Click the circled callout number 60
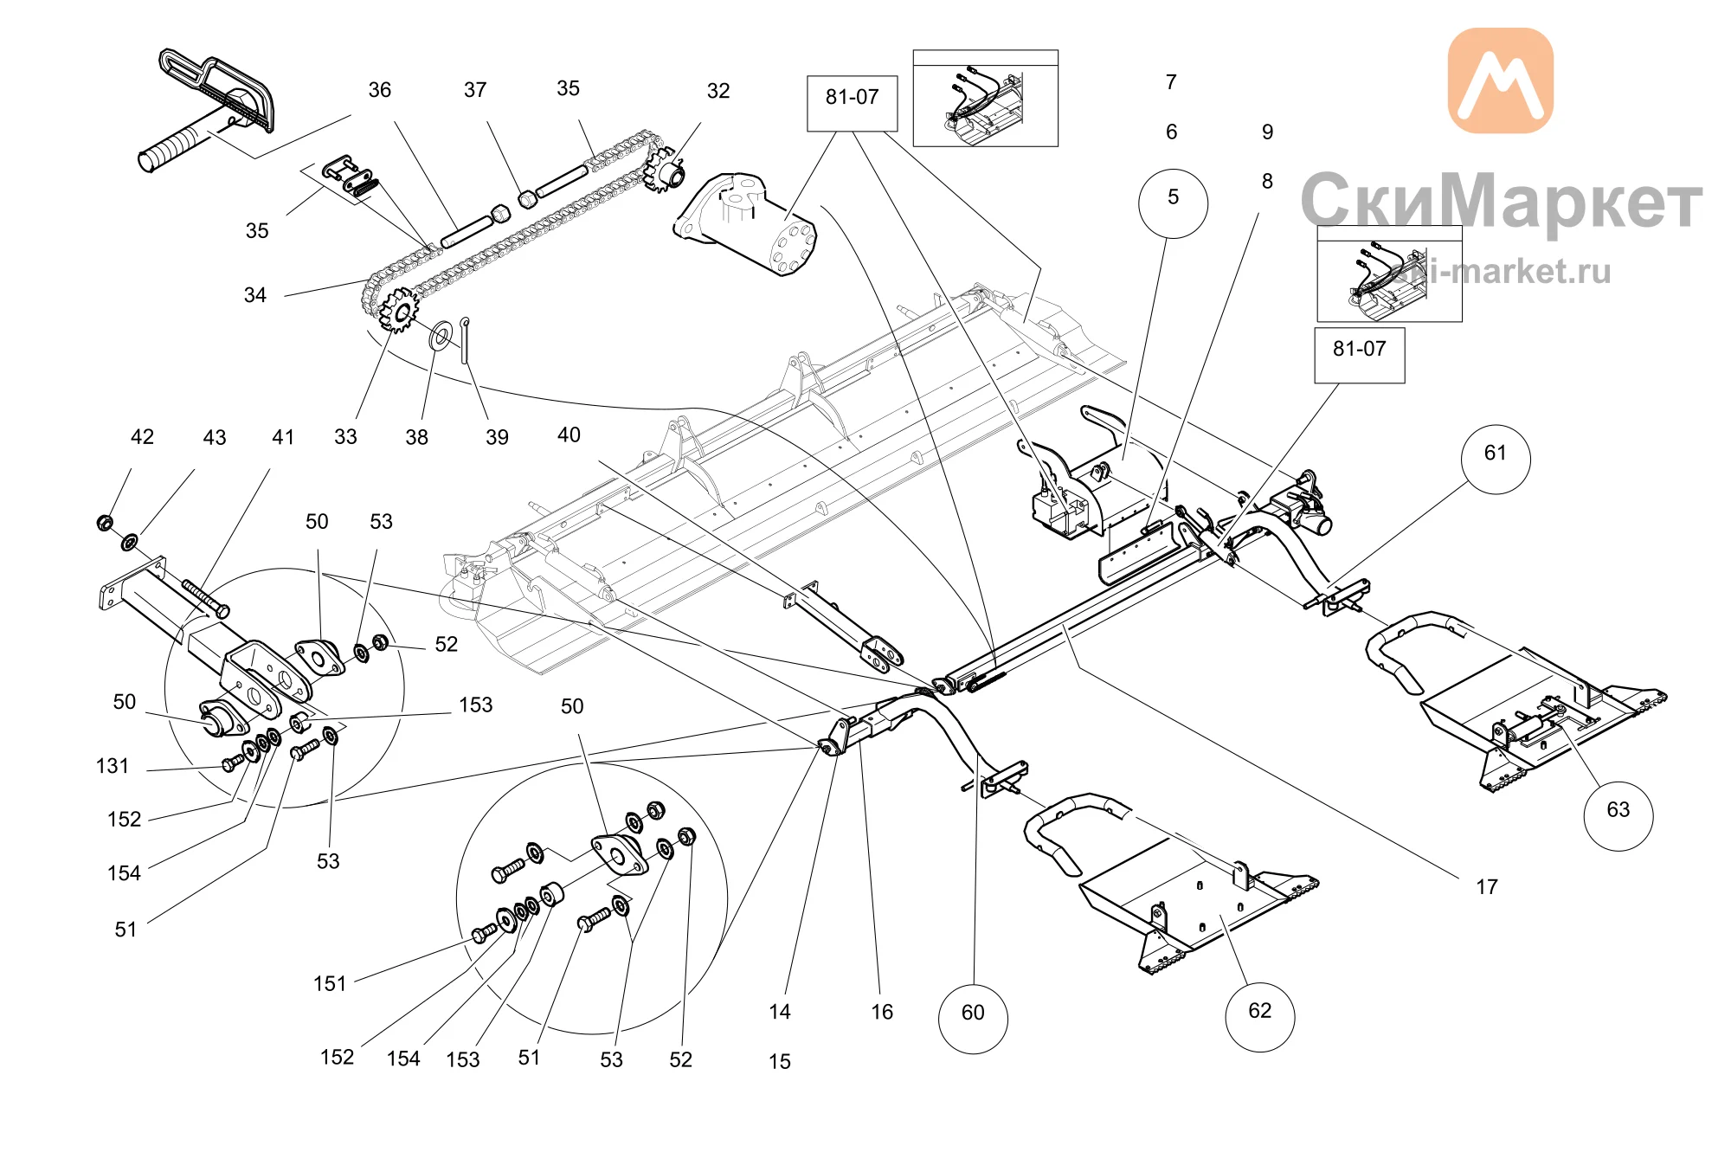click(973, 1018)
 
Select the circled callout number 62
click(1260, 1016)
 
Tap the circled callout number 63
click(1618, 815)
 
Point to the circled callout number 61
click(1496, 459)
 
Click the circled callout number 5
click(1173, 203)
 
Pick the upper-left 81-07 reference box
click(853, 103)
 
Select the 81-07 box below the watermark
click(1360, 355)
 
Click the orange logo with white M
click(1500, 80)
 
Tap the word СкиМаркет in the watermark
click(1502, 201)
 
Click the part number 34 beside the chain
click(255, 295)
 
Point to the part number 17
click(1487, 887)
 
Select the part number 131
click(113, 766)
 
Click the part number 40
click(569, 435)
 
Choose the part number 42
click(142, 437)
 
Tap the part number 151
click(330, 984)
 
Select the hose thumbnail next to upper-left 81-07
click(986, 98)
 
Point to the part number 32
click(718, 91)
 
